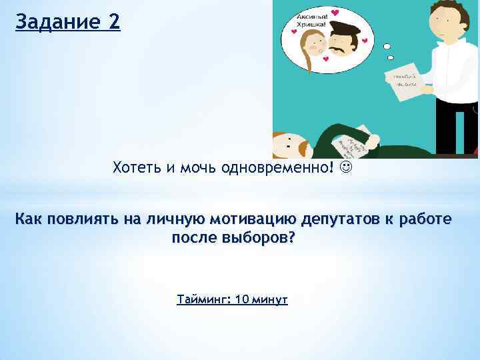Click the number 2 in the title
[x=113, y=21]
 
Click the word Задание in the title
[x=56, y=21]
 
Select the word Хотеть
[x=136, y=167]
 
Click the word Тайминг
[x=203, y=299]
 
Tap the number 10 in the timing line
[x=243, y=299]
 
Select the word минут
[x=270, y=299]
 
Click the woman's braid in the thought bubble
[x=308, y=57]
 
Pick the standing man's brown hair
[x=443, y=9]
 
